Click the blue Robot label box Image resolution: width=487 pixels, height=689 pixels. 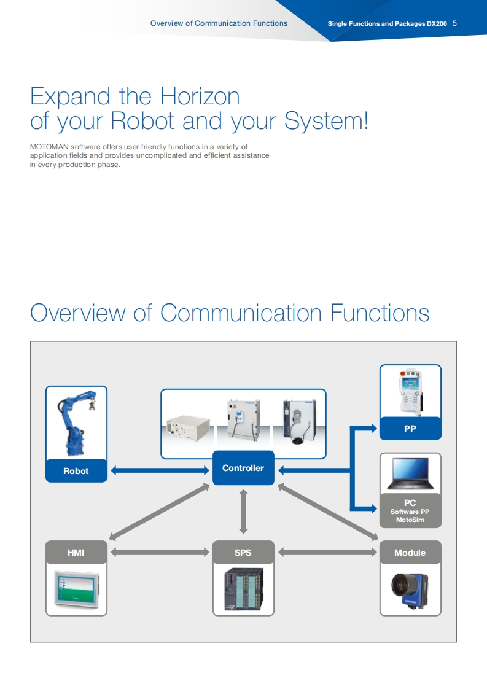pos(76,471)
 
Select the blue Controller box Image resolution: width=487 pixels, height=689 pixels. pos(243,468)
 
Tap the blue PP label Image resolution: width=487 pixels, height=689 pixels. pos(410,429)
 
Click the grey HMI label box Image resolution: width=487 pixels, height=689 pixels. pos(76,553)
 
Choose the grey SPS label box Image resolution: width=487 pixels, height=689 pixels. pos(243,553)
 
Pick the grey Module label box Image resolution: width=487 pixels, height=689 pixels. pos(410,553)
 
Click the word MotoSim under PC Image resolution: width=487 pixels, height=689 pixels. pos(410,521)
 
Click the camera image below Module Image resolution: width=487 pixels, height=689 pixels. pos(410,590)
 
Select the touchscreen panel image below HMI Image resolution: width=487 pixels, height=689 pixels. pos(76,590)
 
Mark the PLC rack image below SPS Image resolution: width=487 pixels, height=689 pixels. pos(243,590)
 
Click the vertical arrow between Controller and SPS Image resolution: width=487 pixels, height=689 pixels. pos(243,511)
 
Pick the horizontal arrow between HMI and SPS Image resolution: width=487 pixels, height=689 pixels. pos(160,553)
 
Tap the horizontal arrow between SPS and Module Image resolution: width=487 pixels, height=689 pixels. pos(327,553)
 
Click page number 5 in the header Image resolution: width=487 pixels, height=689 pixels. pos(454,23)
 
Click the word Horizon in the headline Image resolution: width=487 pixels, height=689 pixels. pos(200,96)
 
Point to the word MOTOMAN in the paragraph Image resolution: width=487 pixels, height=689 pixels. pos(49,147)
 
